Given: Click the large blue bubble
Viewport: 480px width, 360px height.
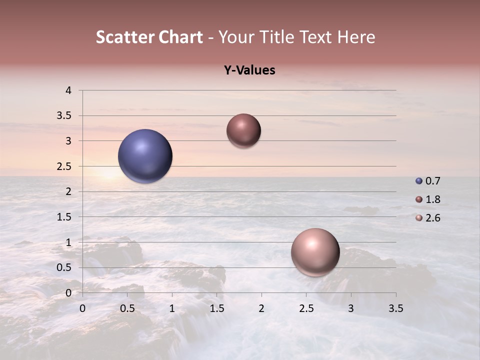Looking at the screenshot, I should tap(145, 156).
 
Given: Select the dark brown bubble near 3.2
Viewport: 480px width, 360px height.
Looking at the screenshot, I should tap(243, 130).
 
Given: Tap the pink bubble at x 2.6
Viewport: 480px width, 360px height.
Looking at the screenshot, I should tap(315, 252).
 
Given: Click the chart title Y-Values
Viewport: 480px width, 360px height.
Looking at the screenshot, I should tap(249, 70).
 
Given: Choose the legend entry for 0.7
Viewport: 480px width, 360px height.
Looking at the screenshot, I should tap(428, 181).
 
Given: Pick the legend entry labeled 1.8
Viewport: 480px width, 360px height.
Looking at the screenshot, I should tap(428, 199).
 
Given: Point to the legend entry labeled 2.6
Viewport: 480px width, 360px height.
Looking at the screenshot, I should tap(428, 218).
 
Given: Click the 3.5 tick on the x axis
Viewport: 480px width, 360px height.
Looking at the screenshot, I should tap(395, 308).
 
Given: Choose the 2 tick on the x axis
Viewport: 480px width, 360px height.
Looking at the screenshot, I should tap(261, 308).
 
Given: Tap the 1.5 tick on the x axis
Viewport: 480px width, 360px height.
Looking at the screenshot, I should tap(216, 308).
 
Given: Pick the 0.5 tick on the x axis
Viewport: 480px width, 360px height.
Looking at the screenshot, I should tap(127, 308).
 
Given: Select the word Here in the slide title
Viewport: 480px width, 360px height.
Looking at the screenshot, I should tap(356, 37).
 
